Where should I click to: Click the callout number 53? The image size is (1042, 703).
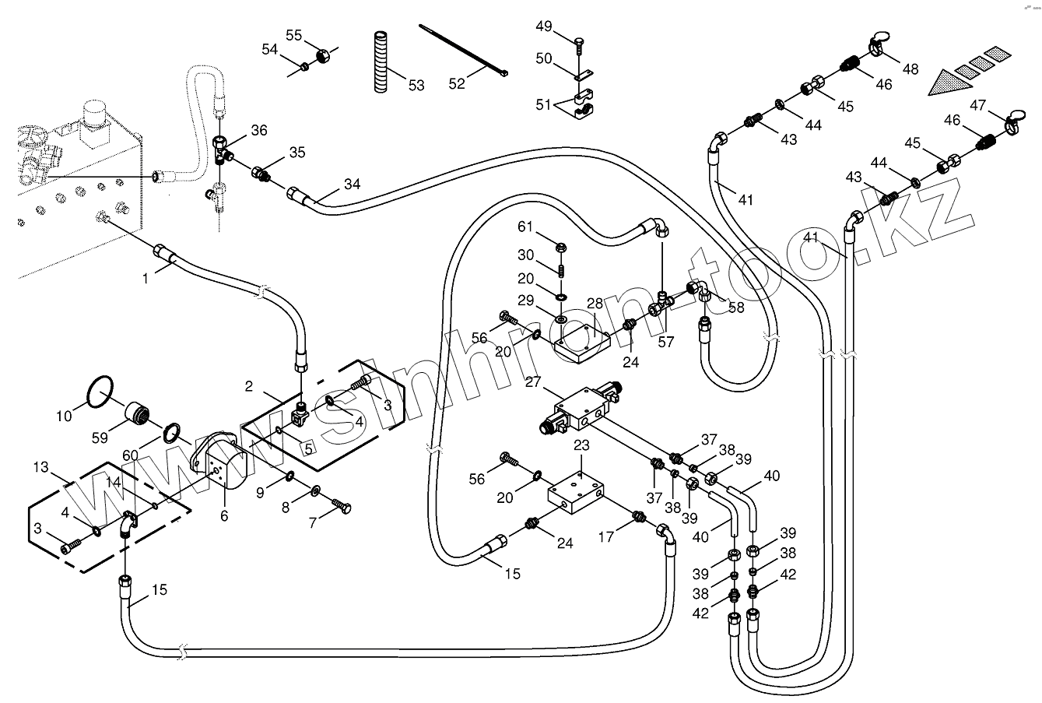416,85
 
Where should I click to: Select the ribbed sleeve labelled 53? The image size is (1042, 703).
380,62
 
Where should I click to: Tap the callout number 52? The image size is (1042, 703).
456,83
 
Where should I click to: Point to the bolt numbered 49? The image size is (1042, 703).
578,45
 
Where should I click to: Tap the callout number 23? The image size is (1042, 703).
582,445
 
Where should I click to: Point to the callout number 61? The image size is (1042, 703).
526,227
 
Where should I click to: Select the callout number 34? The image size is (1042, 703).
353,185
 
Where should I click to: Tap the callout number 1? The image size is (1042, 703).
145,278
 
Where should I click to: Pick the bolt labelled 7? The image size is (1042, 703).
341,506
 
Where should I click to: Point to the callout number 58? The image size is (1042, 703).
736,307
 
